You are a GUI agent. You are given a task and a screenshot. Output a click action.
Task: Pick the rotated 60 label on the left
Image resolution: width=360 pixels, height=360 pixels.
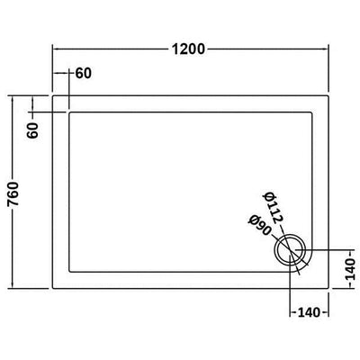[33, 130]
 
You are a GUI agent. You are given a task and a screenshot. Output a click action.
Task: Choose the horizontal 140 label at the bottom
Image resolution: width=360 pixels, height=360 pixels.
[309, 313]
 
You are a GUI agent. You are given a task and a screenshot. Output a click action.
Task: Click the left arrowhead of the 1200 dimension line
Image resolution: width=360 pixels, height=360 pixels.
[55, 49]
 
